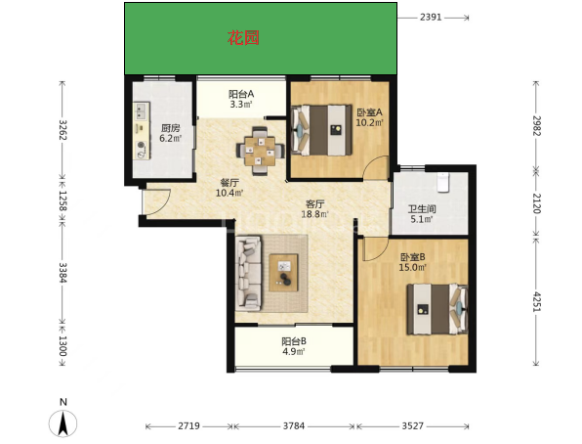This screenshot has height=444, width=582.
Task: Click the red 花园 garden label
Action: coord(243,38)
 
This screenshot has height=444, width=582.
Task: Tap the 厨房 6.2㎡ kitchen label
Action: coord(170,134)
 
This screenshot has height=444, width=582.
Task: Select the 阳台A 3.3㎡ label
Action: coord(241,99)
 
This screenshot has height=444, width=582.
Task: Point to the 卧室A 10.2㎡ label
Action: coord(369,117)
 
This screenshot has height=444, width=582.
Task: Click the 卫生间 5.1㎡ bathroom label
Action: coord(422,214)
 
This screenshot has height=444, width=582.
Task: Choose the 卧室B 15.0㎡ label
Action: coord(412,262)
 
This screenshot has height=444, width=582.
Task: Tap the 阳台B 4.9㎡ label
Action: coord(294,346)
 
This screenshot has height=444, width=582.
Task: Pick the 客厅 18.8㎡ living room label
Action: coord(315,209)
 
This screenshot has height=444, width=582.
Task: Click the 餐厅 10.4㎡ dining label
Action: coord(229,188)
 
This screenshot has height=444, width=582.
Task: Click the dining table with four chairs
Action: coord(260,151)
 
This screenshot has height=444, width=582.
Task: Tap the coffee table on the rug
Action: coord(283,273)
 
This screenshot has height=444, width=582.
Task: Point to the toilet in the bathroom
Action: coord(442,182)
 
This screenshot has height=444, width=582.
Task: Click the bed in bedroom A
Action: coord(321,130)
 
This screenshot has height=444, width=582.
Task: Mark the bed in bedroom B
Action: coord(437,309)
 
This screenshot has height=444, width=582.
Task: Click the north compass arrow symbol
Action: coord(63,423)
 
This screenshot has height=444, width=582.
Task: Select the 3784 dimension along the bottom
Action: coord(294,425)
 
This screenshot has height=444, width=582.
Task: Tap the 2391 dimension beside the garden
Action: coord(431,17)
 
